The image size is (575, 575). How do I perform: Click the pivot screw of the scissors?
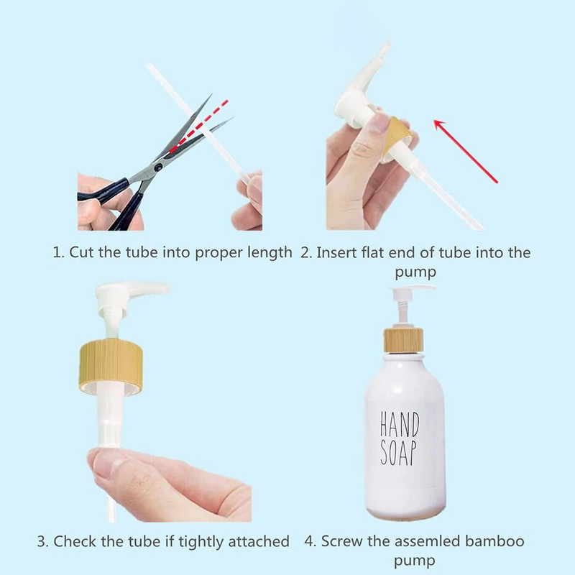tap(158, 167)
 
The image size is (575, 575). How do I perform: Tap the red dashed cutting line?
tap(199, 126)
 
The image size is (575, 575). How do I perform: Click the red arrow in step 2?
tap(466, 152)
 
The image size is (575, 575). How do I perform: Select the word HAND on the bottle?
tap(400, 425)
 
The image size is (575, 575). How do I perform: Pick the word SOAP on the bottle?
tap(399, 453)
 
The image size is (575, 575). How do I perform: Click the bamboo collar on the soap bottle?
tap(403, 339)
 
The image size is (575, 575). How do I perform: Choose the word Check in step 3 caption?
tap(75, 541)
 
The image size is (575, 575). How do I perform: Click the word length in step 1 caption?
tap(270, 253)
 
